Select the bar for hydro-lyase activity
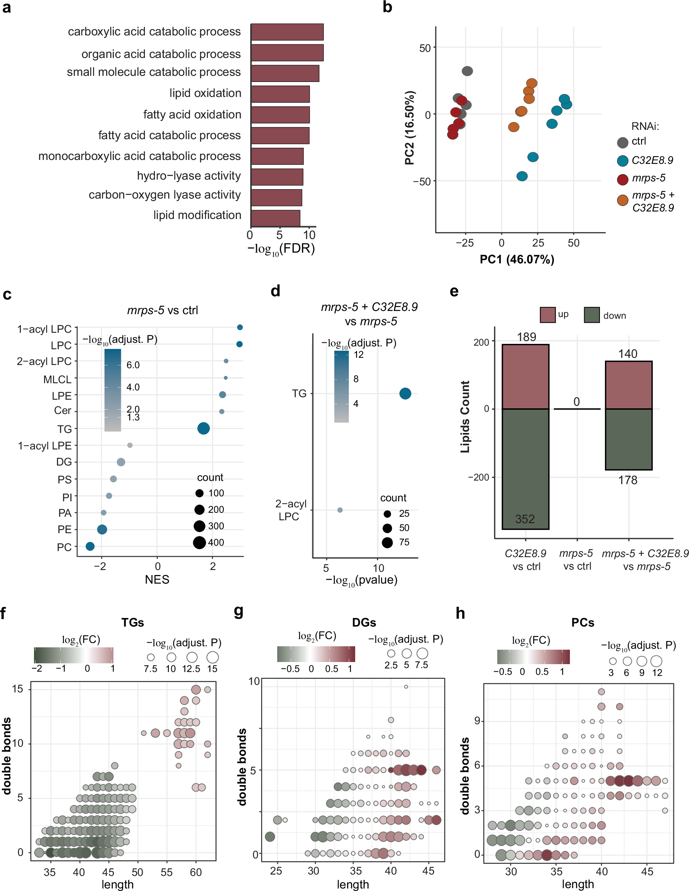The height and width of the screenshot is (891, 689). [x=277, y=177]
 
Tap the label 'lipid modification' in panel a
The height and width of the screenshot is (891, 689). [x=197, y=215]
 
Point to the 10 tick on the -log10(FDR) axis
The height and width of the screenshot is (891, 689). [x=309, y=235]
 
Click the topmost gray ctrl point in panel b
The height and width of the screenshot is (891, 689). [x=467, y=71]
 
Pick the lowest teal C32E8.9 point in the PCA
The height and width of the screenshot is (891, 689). [x=522, y=176]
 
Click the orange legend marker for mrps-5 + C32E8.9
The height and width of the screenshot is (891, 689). [x=622, y=200]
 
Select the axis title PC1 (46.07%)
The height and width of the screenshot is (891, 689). [x=517, y=259]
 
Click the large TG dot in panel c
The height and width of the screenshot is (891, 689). [x=203, y=428]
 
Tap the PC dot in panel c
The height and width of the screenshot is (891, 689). [x=90, y=546]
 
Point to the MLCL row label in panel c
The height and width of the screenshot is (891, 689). [x=57, y=379]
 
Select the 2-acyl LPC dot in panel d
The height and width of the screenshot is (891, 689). [x=340, y=510]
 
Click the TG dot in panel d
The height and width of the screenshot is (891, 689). [x=405, y=394]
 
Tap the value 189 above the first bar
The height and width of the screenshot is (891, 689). [x=526, y=337]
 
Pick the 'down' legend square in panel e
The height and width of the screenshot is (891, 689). [x=591, y=315]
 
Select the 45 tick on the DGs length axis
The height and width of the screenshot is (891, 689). [x=428, y=871]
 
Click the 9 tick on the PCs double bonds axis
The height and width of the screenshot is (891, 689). [x=477, y=721]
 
